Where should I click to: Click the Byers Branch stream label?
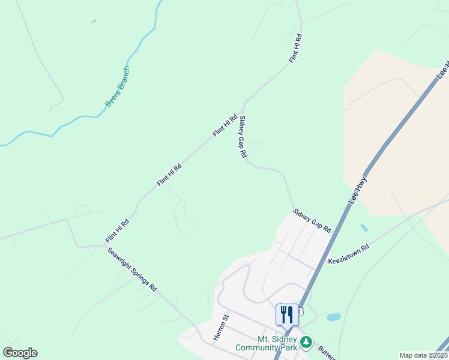117,87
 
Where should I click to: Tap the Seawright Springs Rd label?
132,269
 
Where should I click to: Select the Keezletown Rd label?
348,254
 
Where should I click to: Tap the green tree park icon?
307,343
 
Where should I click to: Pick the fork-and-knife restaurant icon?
287,314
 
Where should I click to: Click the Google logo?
20,353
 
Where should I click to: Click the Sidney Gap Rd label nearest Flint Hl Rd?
243,136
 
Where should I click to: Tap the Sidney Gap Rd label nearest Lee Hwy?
312,221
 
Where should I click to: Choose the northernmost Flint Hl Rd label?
295,49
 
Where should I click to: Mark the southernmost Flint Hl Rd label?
118,230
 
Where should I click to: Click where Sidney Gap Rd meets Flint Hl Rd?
243,101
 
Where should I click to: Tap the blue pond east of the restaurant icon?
334,317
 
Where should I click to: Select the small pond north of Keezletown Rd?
364,228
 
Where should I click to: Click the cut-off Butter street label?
327,354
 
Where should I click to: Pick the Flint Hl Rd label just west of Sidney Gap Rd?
225,125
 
